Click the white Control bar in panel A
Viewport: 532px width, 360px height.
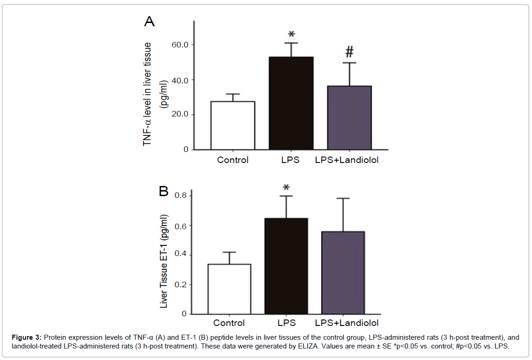click(x=233, y=125)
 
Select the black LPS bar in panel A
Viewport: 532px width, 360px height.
click(x=291, y=103)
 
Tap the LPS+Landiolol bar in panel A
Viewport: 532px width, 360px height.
click(x=349, y=117)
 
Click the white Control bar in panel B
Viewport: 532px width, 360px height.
click(x=229, y=289)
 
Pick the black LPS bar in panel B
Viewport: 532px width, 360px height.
click(x=286, y=266)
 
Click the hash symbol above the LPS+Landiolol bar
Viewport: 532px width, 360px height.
click(x=349, y=52)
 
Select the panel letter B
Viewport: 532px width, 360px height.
click(x=163, y=191)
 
